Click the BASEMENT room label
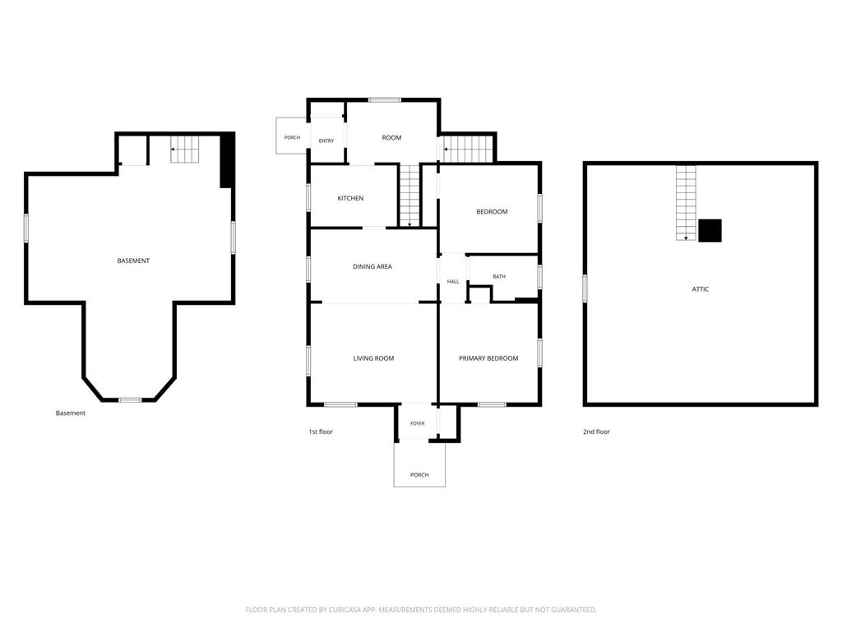click(133, 260)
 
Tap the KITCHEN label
click(350, 199)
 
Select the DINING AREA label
click(372, 267)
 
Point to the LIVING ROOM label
click(373, 358)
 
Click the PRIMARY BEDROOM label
click(488, 358)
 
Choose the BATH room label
click(499, 276)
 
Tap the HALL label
click(453, 282)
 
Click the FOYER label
click(417, 423)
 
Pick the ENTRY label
click(326, 141)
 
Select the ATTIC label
click(701, 289)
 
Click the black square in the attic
click(710, 231)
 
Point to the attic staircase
click(686, 203)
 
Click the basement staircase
click(185, 150)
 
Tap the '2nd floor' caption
click(596, 431)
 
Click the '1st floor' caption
click(321, 431)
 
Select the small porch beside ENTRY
click(292, 136)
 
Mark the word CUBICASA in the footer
click(346, 610)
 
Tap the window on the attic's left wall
click(585, 288)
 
